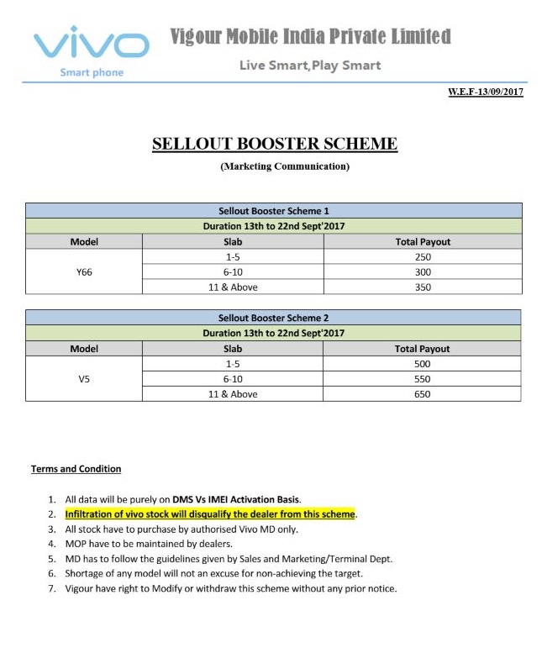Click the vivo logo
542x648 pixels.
pos(92,46)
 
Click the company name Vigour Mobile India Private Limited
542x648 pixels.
pos(310,37)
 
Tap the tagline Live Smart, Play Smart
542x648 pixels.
pos(310,65)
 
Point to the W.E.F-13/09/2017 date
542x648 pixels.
pos(485,92)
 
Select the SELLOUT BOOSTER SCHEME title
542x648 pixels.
pos(275,144)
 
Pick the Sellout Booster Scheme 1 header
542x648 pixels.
pos(273,211)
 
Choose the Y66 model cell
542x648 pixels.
pos(84,272)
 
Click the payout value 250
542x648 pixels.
pos(423,257)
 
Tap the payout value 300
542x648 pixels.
pos(423,272)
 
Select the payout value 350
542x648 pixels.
pos(423,287)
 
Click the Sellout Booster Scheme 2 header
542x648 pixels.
pos(273,318)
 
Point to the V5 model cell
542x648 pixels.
pos(84,379)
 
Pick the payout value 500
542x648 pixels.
pos(423,364)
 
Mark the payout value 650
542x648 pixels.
pos(423,394)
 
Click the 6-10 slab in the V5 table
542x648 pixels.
pos(234,379)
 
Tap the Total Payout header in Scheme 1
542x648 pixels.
pos(423,242)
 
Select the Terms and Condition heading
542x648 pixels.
pos(76,469)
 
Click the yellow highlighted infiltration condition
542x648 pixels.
pos(210,514)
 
